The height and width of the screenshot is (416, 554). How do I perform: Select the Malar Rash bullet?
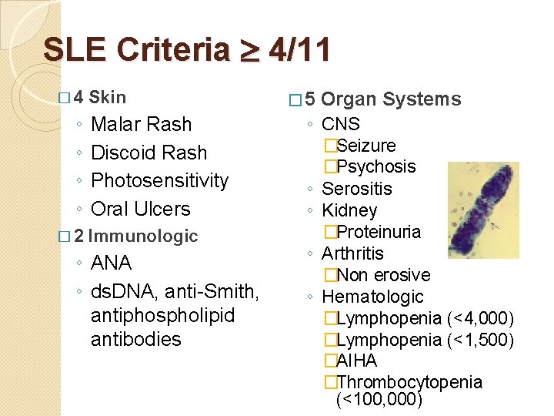coord(141,124)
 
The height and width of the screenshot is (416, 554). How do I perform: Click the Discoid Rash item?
coord(149,153)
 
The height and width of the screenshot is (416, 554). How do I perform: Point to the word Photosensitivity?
coord(159,180)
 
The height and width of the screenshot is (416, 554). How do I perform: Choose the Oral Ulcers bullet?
coord(140,209)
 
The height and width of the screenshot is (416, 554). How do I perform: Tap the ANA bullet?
coord(111,263)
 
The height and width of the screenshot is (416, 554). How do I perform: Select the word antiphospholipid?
coord(162,316)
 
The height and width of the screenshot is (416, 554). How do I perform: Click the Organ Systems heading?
coord(391,99)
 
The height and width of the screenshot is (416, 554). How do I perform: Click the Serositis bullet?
coord(356,189)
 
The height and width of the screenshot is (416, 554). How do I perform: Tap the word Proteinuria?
coord(378,232)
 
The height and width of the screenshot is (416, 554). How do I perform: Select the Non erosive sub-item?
coord(383,275)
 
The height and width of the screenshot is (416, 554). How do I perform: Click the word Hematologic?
coord(372,297)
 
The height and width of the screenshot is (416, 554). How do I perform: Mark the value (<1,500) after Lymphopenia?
coord(480,340)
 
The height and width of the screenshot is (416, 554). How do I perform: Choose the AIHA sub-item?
coord(356,361)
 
